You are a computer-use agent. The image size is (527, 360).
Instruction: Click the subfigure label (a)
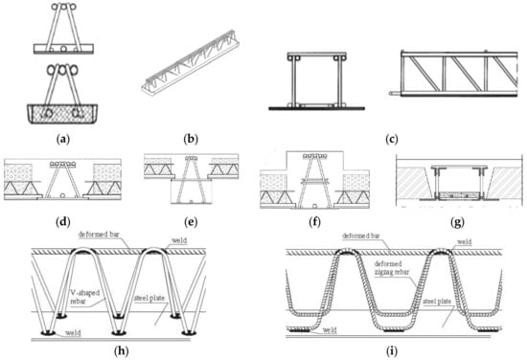point(63,139)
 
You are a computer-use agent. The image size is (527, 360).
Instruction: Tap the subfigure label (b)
point(191,139)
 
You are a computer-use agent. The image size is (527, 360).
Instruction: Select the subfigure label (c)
point(392,140)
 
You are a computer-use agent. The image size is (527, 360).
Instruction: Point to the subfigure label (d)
point(63,221)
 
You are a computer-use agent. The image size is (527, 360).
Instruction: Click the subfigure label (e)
point(191,222)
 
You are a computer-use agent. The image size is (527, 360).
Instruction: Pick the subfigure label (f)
point(314,222)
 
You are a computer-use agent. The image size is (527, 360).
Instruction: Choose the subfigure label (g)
point(457,223)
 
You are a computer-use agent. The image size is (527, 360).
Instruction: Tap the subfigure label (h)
point(122,351)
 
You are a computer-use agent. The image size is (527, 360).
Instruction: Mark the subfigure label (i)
point(392,351)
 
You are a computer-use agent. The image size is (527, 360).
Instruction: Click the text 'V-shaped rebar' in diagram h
point(85,297)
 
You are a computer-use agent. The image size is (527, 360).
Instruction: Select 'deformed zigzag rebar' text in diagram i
point(392,268)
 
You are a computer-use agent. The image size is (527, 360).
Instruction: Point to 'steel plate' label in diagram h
point(149,298)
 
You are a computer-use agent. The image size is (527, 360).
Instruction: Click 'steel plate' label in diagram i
point(437,302)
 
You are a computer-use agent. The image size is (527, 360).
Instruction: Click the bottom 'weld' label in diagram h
point(73,333)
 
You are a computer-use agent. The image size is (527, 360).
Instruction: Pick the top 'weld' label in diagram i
point(464,241)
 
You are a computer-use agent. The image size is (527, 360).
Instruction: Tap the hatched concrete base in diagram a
point(62,114)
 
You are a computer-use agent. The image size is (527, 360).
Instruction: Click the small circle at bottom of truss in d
point(62,195)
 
